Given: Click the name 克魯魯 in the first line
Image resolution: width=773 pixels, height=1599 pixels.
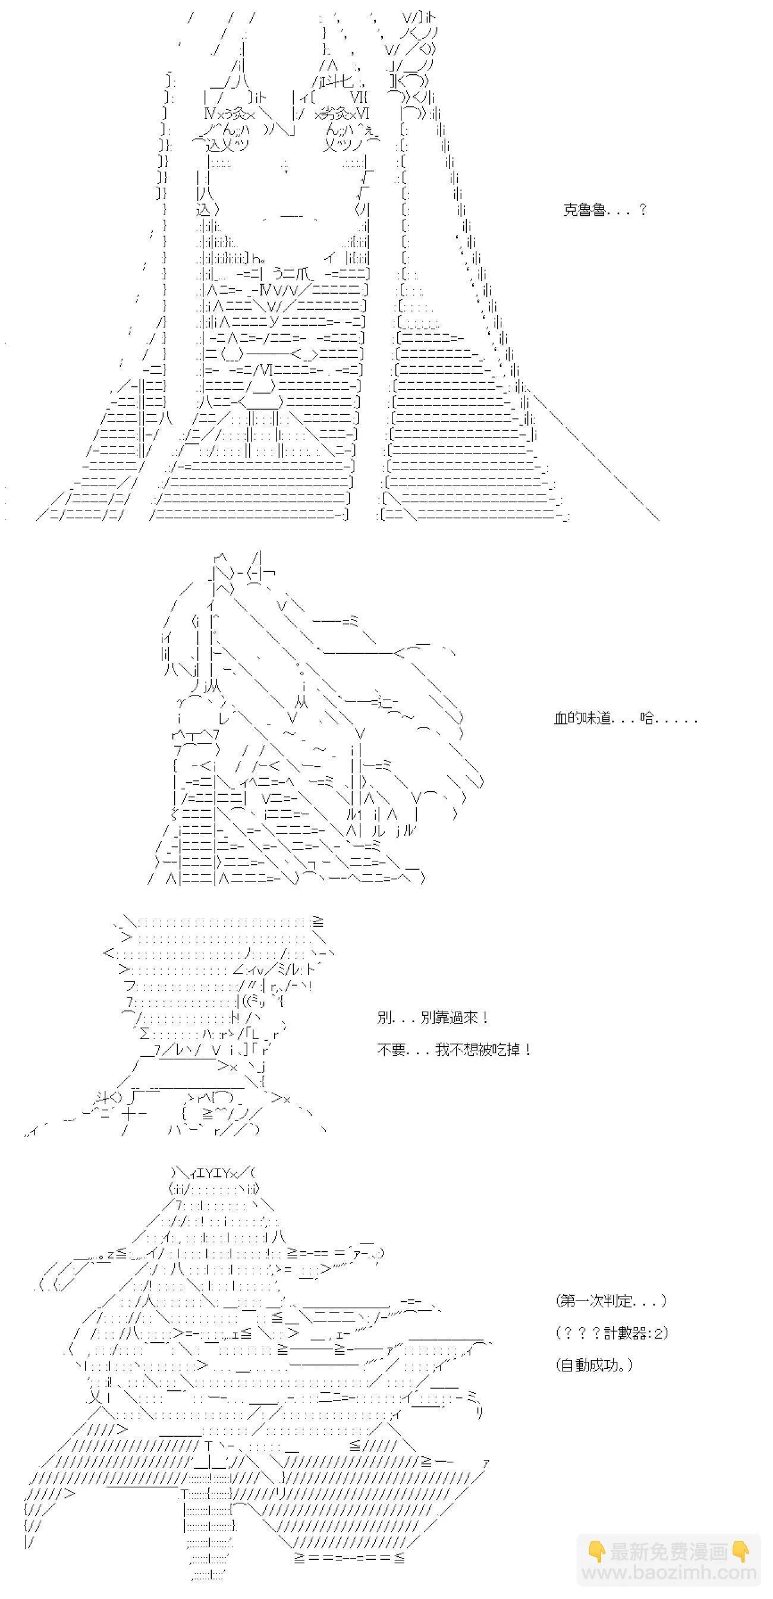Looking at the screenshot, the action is click(x=585, y=210).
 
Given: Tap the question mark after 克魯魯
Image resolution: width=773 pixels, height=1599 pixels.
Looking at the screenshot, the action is click(x=643, y=210).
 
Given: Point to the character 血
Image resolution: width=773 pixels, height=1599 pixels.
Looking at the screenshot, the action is click(x=561, y=718).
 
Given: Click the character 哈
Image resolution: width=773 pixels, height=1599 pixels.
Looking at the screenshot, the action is click(x=647, y=718).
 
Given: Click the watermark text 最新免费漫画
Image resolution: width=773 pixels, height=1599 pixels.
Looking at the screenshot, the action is click(x=669, y=1552).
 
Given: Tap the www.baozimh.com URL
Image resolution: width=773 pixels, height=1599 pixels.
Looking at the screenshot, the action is click(x=670, y=1573).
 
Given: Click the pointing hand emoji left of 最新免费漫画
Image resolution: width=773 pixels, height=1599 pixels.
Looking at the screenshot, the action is click(x=597, y=1552).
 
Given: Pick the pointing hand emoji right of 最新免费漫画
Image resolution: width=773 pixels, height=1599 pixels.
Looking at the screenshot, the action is click(x=740, y=1552).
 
